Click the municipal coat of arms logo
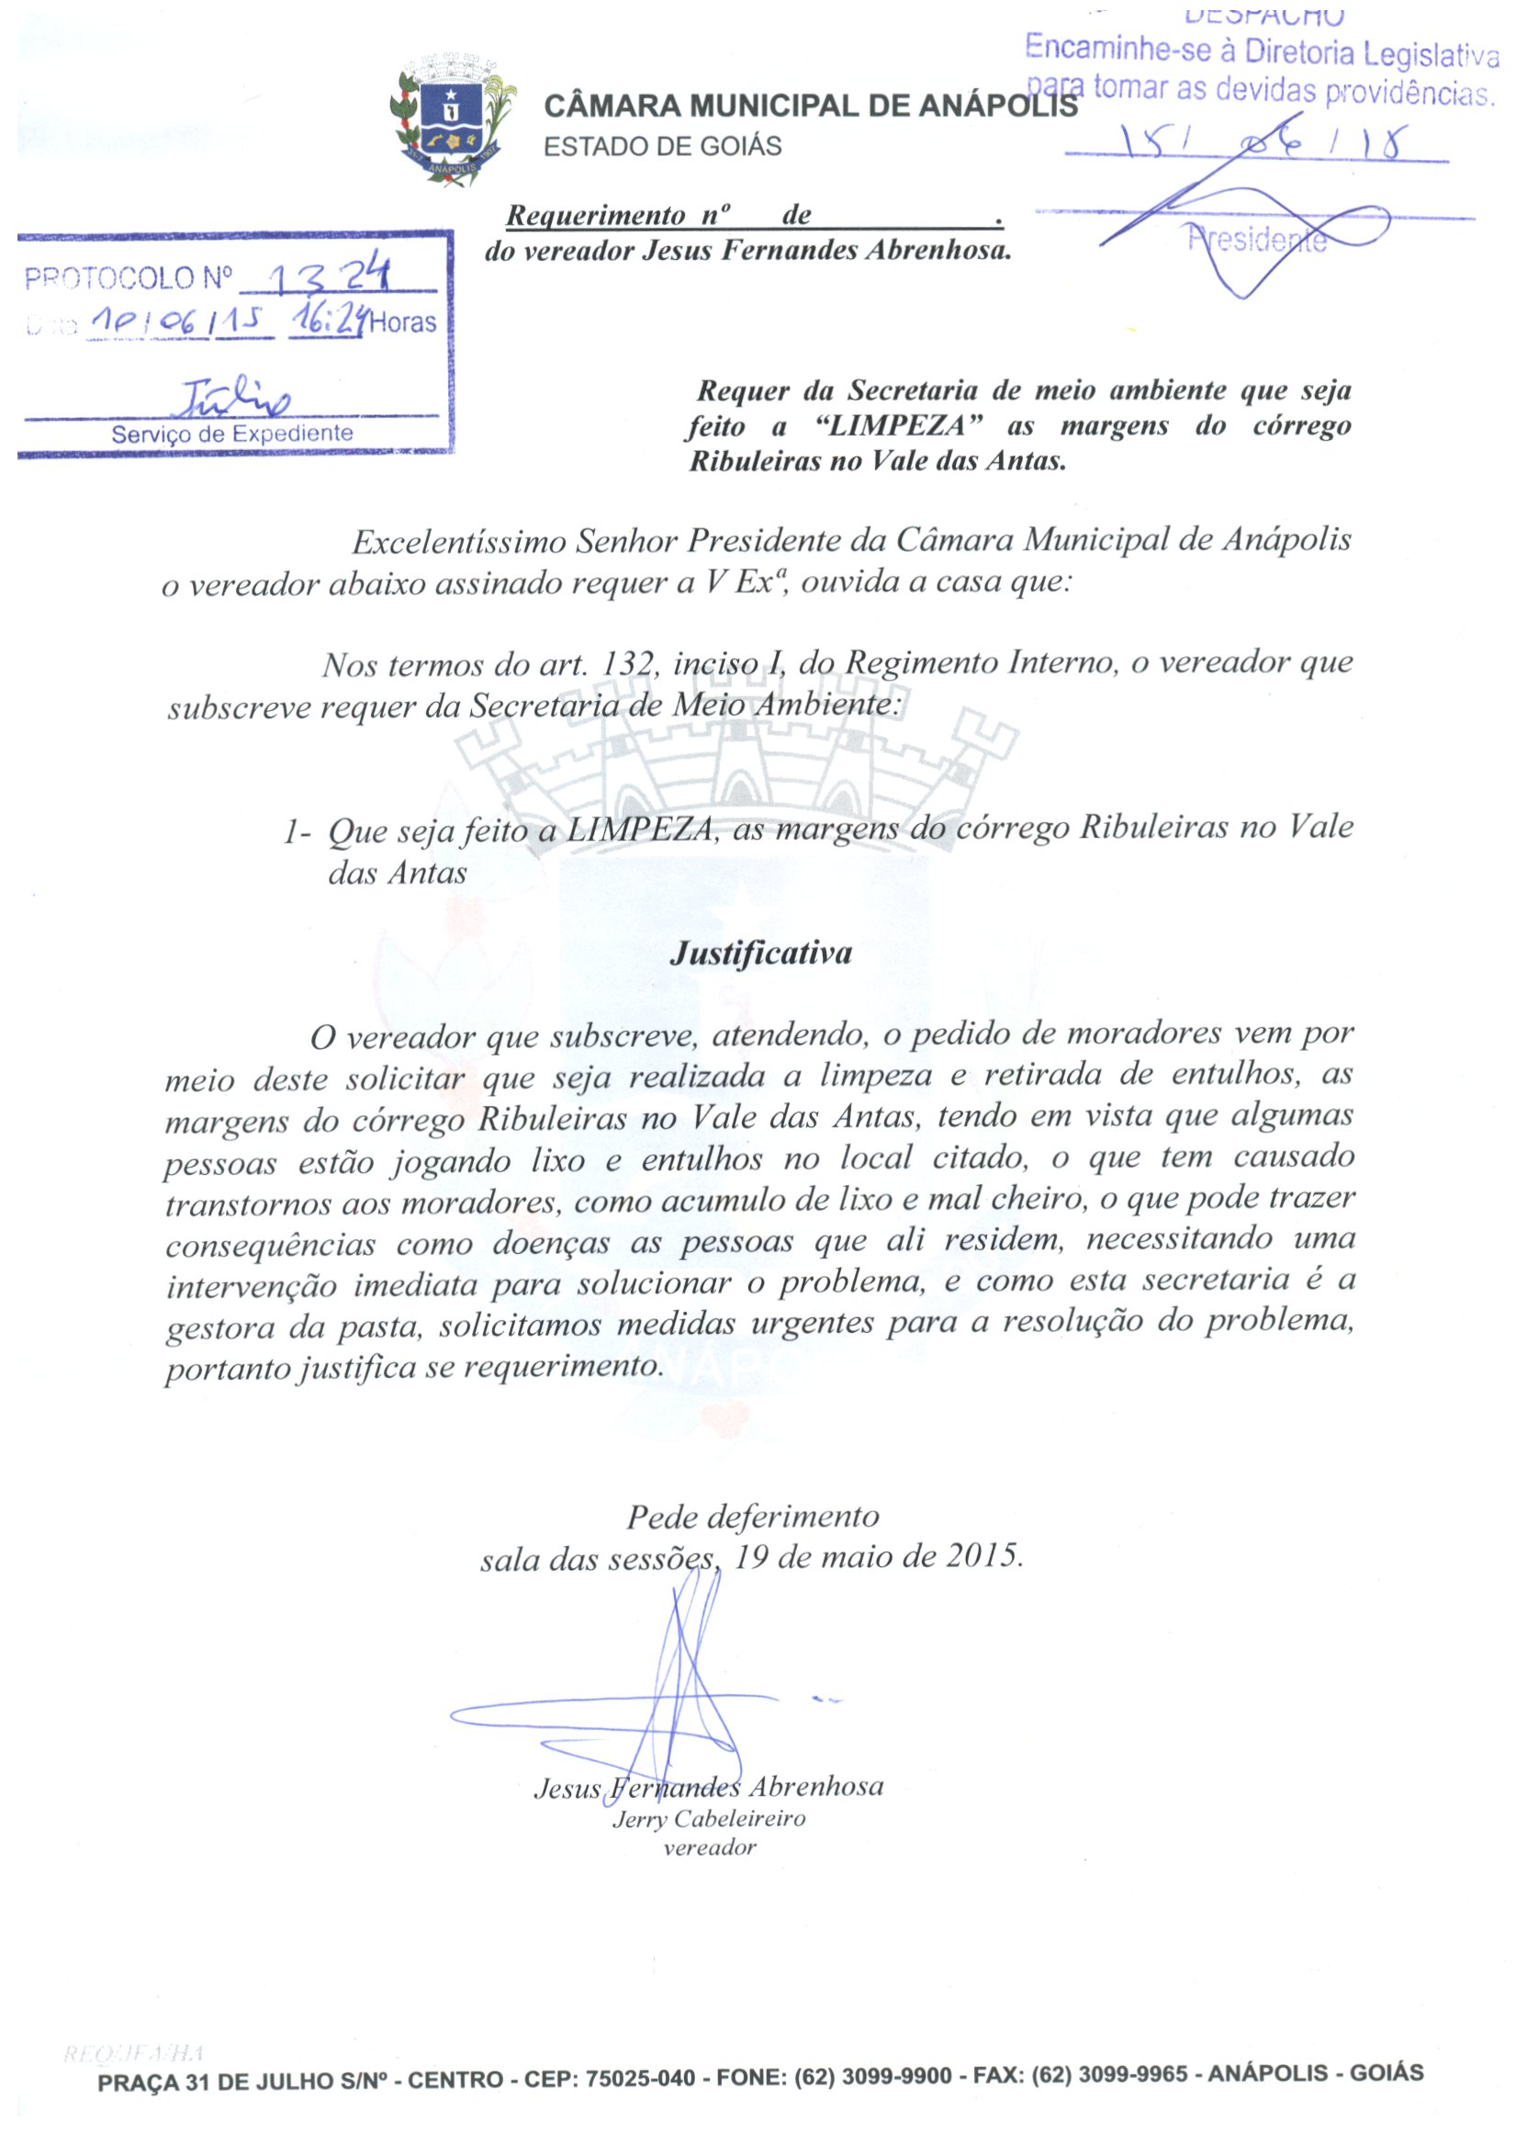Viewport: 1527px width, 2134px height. [x=453, y=121]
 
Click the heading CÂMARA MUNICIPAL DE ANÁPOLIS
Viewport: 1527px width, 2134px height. [x=811, y=107]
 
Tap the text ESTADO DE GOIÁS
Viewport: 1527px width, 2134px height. [x=663, y=147]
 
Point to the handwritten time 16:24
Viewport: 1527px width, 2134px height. [x=327, y=320]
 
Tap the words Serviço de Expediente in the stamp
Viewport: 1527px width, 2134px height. [x=232, y=434]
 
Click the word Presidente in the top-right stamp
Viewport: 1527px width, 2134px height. [x=1256, y=240]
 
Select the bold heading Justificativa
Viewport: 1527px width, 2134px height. [x=760, y=953]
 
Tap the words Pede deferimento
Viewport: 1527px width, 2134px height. [x=752, y=1515]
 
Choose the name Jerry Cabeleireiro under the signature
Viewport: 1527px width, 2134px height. [x=709, y=1818]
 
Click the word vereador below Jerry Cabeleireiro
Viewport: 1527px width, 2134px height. [x=710, y=1847]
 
